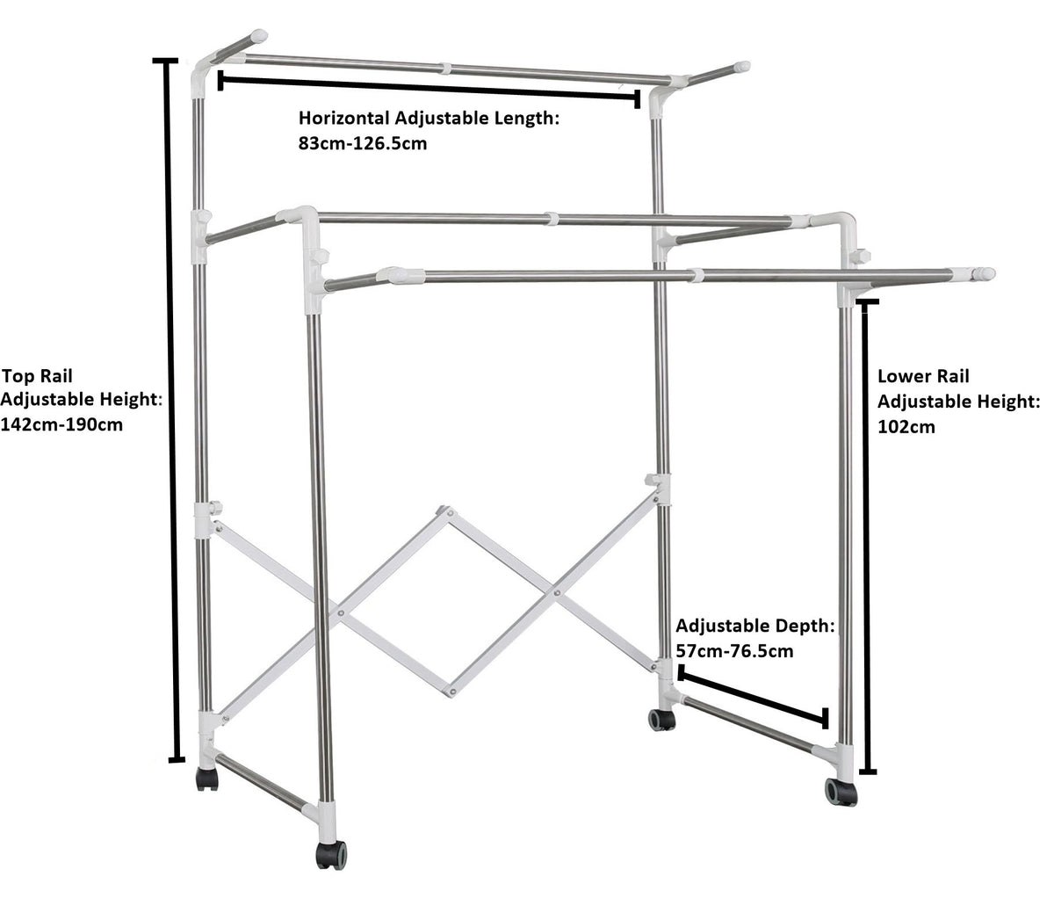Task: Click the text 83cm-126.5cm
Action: tap(363, 142)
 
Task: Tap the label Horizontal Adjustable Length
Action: tap(429, 118)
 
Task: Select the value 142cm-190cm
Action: tap(61, 424)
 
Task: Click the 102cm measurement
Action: tap(906, 427)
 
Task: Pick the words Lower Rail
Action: tap(923, 376)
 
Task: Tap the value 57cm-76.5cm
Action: tap(734, 651)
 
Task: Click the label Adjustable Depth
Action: tap(754, 627)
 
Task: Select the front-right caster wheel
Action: tap(841, 792)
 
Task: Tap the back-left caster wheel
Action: tap(207, 780)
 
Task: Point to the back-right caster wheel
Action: tap(661, 720)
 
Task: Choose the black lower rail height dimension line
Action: tap(867, 536)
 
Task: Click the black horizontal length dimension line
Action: tap(428, 90)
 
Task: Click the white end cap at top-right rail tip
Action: tap(742, 66)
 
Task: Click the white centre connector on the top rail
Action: tap(446, 68)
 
